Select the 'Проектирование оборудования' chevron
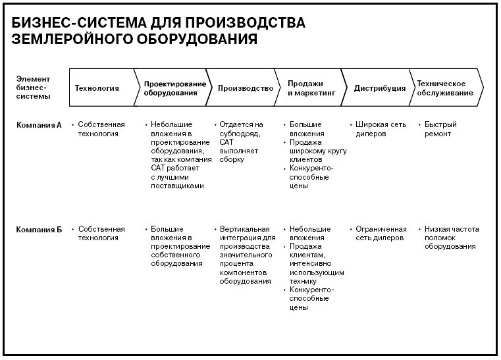tap(173, 88)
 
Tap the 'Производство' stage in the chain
tap(244, 88)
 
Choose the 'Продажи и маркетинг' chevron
tap(311, 88)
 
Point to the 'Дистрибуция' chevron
tap(379, 88)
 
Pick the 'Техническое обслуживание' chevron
tap(446, 88)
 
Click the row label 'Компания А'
tap(39, 125)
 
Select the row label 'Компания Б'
tap(39, 229)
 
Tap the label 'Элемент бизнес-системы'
tap(33, 88)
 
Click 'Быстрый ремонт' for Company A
tap(440, 129)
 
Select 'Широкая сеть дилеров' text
tap(381, 129)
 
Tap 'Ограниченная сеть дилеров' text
tap(381, 234)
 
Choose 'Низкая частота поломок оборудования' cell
tap(452, 238)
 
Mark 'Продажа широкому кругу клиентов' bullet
tap(318, 151)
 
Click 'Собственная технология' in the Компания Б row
tap(101, 234)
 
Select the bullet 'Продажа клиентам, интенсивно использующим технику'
tap(317, 264)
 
